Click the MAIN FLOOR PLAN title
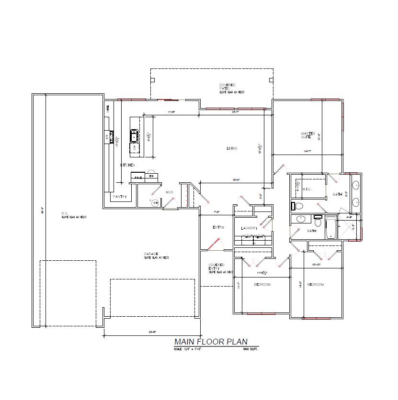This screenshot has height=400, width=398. point(211,342)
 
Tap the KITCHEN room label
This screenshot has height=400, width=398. point(127,165)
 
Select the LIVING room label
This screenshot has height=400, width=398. point(232,148)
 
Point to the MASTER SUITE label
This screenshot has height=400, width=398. point(306,135)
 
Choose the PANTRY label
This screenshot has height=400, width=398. point(119,197)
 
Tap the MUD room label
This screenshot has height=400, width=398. point(169,192)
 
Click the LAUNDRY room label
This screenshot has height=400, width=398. point(249,228)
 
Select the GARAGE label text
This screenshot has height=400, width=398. point(151,254)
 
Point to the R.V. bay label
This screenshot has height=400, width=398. point(64,213)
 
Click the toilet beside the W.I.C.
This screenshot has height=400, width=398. point(299,206)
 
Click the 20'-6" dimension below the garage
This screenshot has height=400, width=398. point(152,332)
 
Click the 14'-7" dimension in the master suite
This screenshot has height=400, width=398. point(307,151)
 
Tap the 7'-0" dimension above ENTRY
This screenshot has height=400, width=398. point(216,211)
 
